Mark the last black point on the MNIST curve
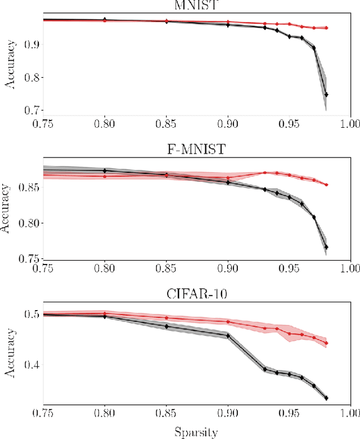(x=326, y=95)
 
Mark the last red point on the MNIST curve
(x=326, y=28)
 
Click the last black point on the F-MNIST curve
(x=326, y=247)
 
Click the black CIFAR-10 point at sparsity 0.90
(x=228, y=336)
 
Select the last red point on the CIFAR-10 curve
(x=326, y=343)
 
